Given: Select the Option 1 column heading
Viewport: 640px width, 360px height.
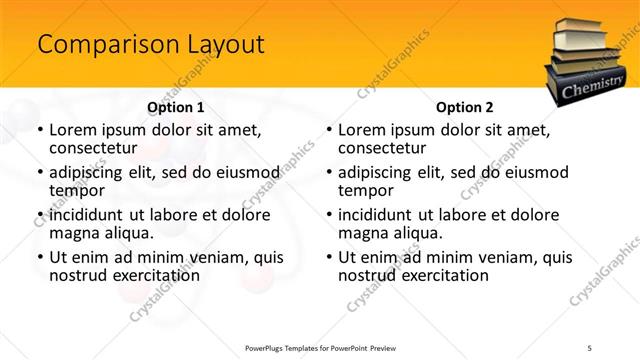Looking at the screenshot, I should point(176,107).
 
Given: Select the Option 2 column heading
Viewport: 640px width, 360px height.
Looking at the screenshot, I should point(465,107).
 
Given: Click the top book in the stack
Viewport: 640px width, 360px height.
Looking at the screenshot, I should point(582,27).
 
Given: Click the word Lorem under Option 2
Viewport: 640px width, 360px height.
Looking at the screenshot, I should point(364,130).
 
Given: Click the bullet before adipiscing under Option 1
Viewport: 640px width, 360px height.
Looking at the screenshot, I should point(39,173).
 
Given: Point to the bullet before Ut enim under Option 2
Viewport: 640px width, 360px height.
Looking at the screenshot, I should point(328,257).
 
